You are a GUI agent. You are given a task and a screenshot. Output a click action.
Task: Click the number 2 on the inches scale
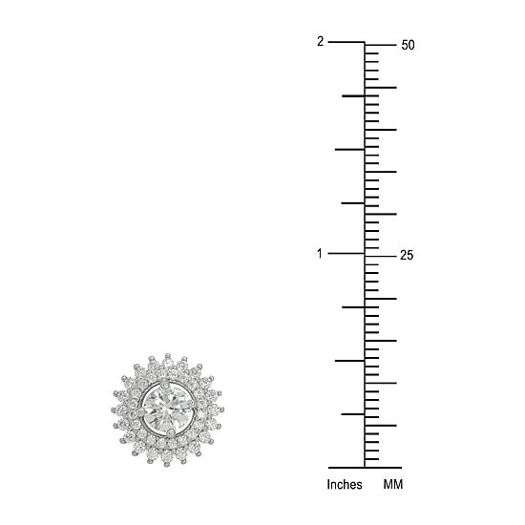click(321, 42)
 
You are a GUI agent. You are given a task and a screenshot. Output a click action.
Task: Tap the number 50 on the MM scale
click(408, 45)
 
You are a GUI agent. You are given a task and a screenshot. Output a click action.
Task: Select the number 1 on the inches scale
click(320, 254)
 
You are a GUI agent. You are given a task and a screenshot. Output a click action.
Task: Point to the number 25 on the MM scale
click(407, 256)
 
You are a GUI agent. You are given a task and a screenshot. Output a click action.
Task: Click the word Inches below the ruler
click(345, 485)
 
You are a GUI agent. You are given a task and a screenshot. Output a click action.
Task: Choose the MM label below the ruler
click(393, 485)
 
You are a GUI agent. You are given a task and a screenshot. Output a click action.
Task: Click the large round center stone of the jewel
click(167, 409)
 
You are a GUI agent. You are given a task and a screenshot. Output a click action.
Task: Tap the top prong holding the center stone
click(164, 384)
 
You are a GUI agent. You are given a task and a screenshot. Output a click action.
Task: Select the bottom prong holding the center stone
click(171, 434)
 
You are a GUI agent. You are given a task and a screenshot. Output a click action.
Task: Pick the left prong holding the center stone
click(134, 413)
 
